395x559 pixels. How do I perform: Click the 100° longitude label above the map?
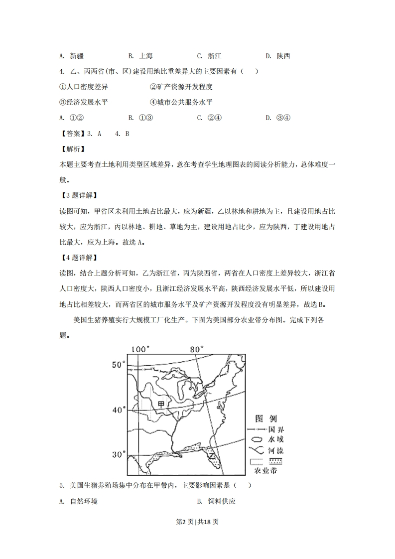point(140,349)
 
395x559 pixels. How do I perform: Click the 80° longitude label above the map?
point(197,349)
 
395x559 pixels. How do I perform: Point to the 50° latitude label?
point(118,365)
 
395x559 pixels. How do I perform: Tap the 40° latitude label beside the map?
point(118,410)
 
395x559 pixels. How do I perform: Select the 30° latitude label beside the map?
point(118,454)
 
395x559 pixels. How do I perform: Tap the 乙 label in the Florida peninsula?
point(212,454)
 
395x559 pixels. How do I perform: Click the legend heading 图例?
point(265,418)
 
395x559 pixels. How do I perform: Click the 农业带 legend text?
point(265,470)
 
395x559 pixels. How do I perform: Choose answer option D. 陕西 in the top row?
point(278,56)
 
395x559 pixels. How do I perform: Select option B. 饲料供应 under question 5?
point(216,501)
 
